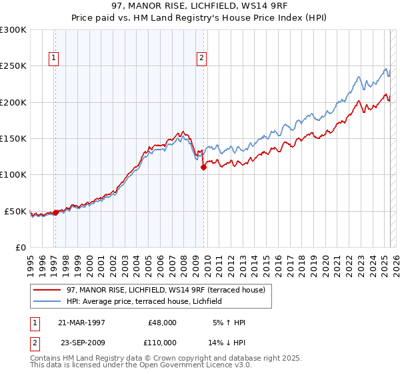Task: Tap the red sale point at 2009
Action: [203, 168]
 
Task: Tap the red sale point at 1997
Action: [55, 212]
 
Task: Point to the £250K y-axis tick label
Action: [13, 66]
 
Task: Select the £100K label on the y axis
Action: [13, 175]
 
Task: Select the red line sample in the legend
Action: [47, 290]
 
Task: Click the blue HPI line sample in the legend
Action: [47, 301]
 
